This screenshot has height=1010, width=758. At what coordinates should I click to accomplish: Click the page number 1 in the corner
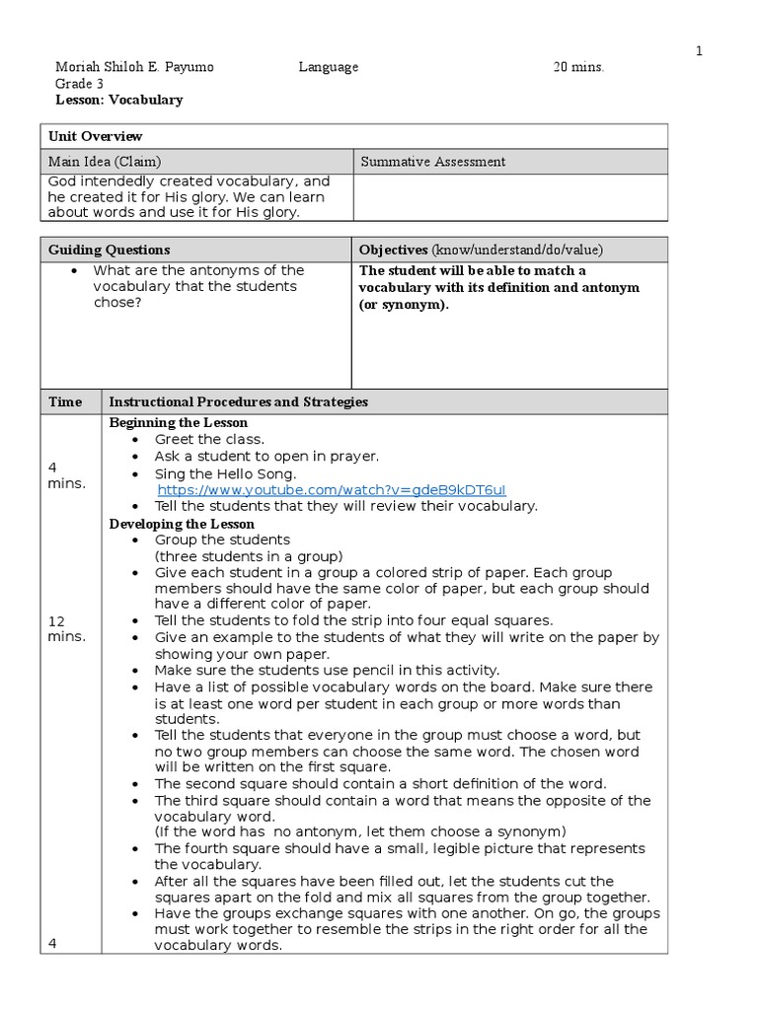coord(700,51)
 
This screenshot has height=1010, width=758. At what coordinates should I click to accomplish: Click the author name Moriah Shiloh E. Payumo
coord(133,67)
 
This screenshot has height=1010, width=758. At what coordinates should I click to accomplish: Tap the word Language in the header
coord(329,67)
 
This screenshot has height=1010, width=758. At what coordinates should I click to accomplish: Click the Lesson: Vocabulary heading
coord(118,100)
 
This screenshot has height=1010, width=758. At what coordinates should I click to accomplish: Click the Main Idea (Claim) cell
coord(105,162)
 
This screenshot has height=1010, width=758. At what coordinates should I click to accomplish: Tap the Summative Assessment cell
coord(433,162)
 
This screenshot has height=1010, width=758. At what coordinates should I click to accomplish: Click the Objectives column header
coord(481,250)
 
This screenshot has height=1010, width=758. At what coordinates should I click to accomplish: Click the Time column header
coord(65,401)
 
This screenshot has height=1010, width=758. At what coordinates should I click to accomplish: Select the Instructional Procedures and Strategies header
coord(238,401)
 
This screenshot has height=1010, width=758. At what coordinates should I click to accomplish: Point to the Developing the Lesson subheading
coord(182,524)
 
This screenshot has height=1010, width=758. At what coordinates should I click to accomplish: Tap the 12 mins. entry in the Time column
coord(67,628)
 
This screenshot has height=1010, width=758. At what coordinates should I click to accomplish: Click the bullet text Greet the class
coord(209,439)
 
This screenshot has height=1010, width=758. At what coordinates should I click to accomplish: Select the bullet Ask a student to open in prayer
coord(266,456)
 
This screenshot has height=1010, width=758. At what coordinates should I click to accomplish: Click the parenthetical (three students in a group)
coord(249,555)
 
